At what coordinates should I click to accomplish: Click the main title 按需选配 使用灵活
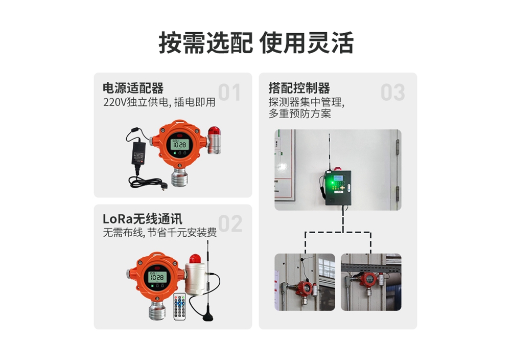pos(256,43)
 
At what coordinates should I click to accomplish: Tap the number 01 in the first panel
pos(229,92)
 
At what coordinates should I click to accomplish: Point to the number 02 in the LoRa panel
pos(230,223)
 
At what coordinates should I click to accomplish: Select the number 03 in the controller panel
pos(392,92)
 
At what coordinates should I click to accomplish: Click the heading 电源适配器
pos(133,88)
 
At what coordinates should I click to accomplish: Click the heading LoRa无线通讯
pos(143,219)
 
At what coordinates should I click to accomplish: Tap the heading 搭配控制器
pos(299,88)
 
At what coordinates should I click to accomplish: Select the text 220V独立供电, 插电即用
pos(159,102)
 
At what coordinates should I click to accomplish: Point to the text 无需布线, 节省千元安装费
pos(159,233)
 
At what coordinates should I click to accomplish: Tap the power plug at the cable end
pos(164,186)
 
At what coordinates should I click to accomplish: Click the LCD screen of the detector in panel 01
pos(179,144)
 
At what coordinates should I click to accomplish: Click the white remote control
pos(179,306)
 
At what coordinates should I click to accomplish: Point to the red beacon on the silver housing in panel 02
pos(195,259)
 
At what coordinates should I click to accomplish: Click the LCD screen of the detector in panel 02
pos(158,277)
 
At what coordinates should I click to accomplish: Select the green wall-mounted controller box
pos(338,188)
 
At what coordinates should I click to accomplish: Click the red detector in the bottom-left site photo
pos(304,288)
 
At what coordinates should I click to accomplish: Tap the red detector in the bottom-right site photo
pos(368,280)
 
